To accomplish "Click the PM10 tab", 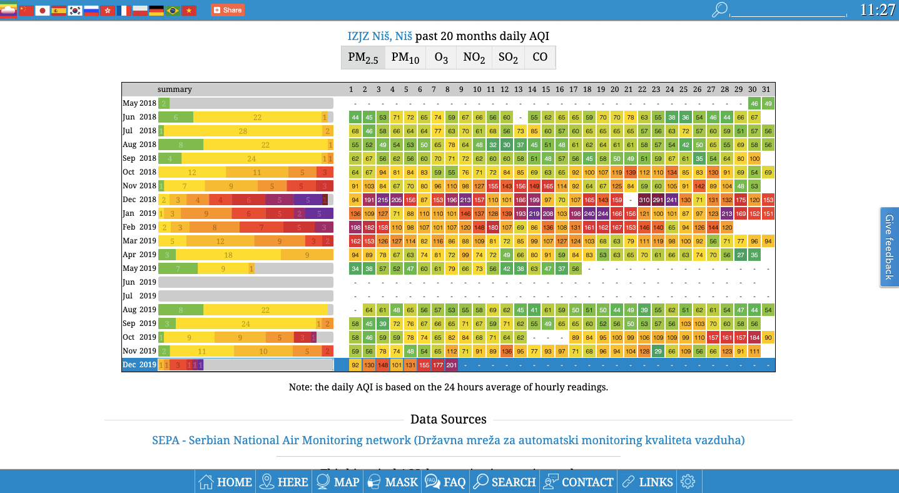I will (x=405, y=58).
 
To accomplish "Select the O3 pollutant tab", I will (x=441, y=58).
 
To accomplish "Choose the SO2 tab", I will (x=508, y=58).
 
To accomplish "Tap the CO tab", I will (x=540, y=58).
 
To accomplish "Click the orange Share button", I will (x=228, y=10).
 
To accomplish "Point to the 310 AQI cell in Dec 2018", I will (x=643, y=200).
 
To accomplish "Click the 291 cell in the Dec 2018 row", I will (x=658, y=200).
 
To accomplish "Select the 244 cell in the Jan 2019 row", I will (x=602, y=213).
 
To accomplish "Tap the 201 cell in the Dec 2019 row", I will (x=451, y=365).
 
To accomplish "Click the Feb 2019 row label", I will (x=140, y=227).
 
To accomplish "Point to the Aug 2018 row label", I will (x=140, y=145).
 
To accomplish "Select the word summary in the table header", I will (x=175, y=89).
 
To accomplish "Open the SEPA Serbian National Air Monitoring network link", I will (x=448, y=440).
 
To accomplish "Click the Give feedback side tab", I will (x=889, y=246).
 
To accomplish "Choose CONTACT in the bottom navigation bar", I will (x=579, y=482).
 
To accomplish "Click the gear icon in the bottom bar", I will (x=688, y=482).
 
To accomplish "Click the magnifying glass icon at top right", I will (x=720, y=9).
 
